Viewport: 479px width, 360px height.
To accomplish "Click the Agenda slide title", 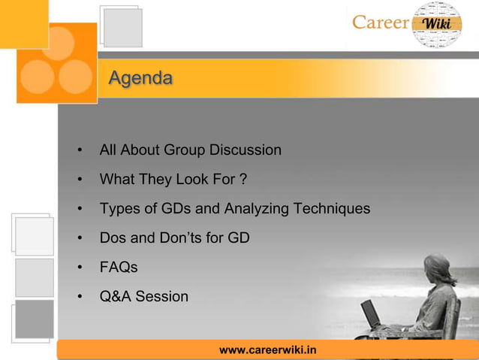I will click(x=140, y=78).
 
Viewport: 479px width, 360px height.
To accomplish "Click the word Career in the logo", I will click(x=381, y=22).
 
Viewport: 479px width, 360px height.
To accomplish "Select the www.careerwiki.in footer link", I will click(x=267, y=350).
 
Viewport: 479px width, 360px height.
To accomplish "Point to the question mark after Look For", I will click(x=243, y=180).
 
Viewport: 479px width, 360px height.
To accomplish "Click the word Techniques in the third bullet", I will click(x=332, y=209).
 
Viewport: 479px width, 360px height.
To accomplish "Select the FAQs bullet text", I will click(x=119, y=268).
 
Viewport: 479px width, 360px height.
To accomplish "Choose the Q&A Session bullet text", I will click(x=144, y=297).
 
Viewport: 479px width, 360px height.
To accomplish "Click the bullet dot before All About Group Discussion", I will click(x=80, y=151).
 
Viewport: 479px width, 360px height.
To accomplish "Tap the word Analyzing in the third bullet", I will click(x=254, y=209).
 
